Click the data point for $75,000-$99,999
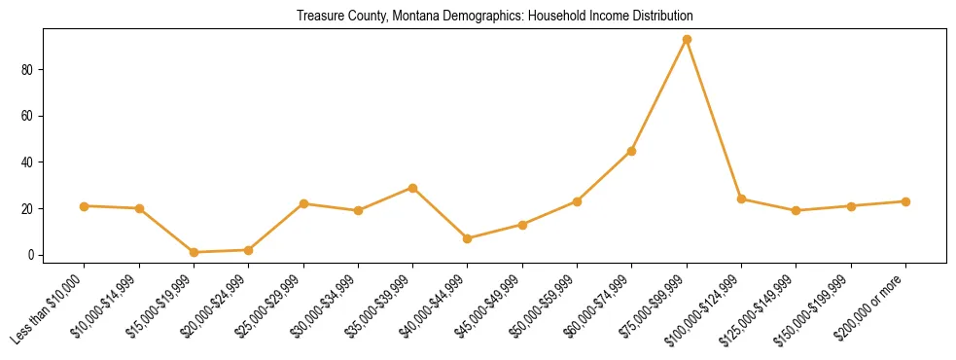pos(687,40)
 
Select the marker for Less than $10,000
pos(85,206)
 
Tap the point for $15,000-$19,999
pos(195,252)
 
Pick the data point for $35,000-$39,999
pos(413,188)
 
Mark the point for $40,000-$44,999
pos(468,238)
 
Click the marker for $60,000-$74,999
pos(632,151)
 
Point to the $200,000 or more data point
pos(905,201)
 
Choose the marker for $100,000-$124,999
pos(741,199)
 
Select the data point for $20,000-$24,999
pos(249,250)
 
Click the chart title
pos(495,17)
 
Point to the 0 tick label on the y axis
pos(32,255)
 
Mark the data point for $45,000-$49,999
pos(522,225)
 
